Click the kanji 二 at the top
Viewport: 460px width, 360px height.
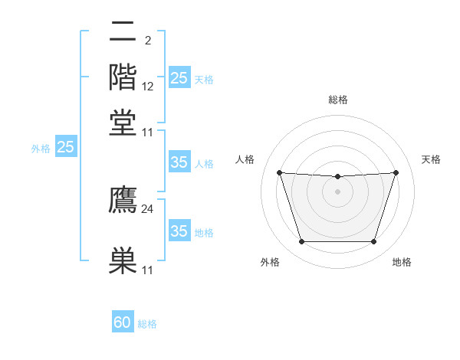(123, 31)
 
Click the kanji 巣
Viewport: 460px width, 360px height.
(123, 260)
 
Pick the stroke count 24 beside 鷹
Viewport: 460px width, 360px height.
(148, 208)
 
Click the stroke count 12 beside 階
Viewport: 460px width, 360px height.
(148, 86)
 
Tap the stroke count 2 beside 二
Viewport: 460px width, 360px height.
(147, 40)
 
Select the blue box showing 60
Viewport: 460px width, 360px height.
(123, 322)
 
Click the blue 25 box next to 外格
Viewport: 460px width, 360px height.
(65, 147)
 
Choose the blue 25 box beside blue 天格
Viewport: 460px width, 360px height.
(179, 77)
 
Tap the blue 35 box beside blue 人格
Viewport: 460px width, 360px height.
(179, 162)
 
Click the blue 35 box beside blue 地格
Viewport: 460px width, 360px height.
(179, 231)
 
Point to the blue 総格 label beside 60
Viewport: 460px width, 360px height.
(147, 324)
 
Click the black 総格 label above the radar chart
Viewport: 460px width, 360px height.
(337, 100)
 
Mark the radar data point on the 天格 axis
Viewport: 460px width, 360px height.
(396, 172)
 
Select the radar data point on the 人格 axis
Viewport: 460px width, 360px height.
(279, 172)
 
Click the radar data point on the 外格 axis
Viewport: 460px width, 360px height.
(301, 242)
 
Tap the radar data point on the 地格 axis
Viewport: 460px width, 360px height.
(374, 242)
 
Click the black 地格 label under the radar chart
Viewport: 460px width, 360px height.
(402, 263)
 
